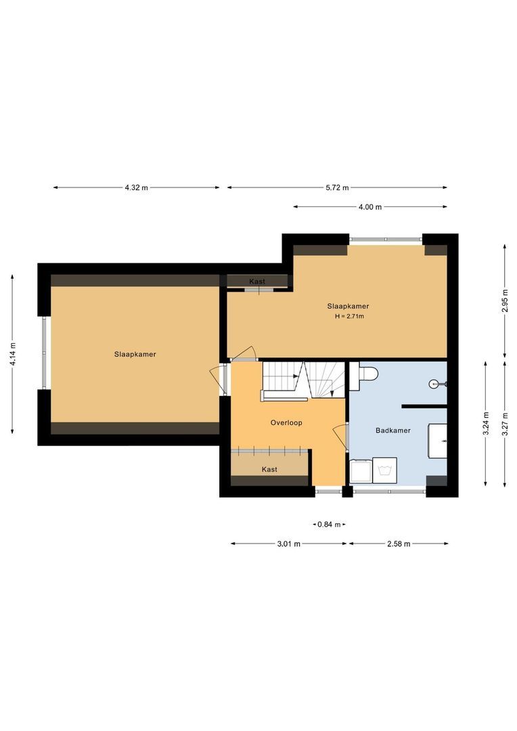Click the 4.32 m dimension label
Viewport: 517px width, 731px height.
coord(136,187)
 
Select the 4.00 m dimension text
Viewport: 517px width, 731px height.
coord(369,207)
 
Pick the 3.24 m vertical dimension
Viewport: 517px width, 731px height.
coord(485,423)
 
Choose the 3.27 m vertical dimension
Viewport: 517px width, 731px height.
coord(504,423)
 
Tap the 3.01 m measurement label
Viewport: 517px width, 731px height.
coord(288,544)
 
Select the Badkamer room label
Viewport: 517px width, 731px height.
coord(393,430)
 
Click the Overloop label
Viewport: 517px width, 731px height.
coord(286,422)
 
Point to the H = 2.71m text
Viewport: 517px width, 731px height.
coord(349,316)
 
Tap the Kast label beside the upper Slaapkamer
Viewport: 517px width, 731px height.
coord(257,281)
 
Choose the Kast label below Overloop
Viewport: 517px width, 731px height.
coord(269,469)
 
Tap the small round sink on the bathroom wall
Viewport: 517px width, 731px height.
coord(435,384)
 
